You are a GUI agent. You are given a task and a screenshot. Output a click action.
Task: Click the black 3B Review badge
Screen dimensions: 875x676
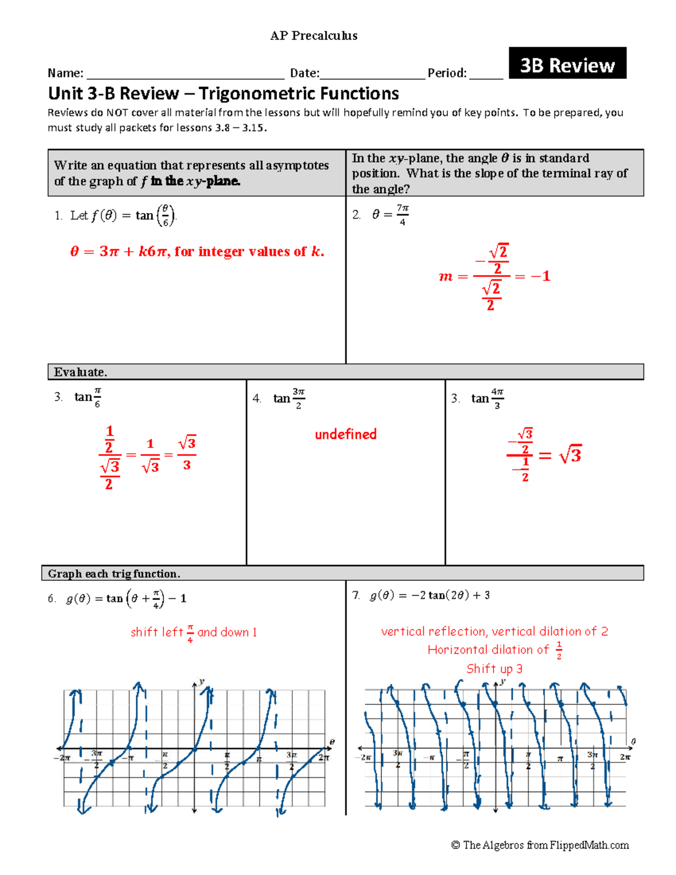pyautogui.click(x=567, y=63)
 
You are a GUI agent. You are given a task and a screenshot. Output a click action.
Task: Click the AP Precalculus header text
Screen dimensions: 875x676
pyautogui.click(x=314, y=35)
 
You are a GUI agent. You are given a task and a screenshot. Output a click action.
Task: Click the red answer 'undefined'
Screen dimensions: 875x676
pyautogui.click(x=345, y=434)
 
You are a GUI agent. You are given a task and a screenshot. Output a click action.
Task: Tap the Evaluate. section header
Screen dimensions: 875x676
pyautogui.click(x=80, y=372)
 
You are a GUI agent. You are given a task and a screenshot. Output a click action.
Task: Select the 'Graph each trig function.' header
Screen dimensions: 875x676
pyautogui.click(x=114, y=574)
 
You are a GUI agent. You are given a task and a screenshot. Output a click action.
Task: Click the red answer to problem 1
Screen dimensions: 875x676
pyautogui.click(x=197, y=251)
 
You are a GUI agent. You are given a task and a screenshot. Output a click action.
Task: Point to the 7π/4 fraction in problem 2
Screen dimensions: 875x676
pyautogui.click(x=402, y=214)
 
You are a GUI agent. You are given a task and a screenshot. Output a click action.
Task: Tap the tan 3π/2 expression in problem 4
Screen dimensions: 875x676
pyautogui.click(x=289, y=398)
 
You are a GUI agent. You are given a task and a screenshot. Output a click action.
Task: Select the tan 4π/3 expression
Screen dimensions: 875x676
pyautogui.click(x=487, y=398)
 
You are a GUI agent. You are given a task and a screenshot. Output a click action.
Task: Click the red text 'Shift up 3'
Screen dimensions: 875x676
pyautogui.click(x=494, y=669)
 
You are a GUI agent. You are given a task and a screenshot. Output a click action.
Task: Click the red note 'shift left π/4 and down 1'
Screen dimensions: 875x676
pyautogui.click(x=193, y=632)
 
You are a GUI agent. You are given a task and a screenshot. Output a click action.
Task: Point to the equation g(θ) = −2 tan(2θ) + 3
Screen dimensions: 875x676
pyautogui.click(x=430, y=595)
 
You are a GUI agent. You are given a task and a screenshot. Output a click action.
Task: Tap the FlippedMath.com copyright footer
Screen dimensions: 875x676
pyautogui.click(x=540, y=845)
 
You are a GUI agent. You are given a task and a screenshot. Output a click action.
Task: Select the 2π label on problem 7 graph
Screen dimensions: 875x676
pyautogui.click(x=625, y=757)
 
